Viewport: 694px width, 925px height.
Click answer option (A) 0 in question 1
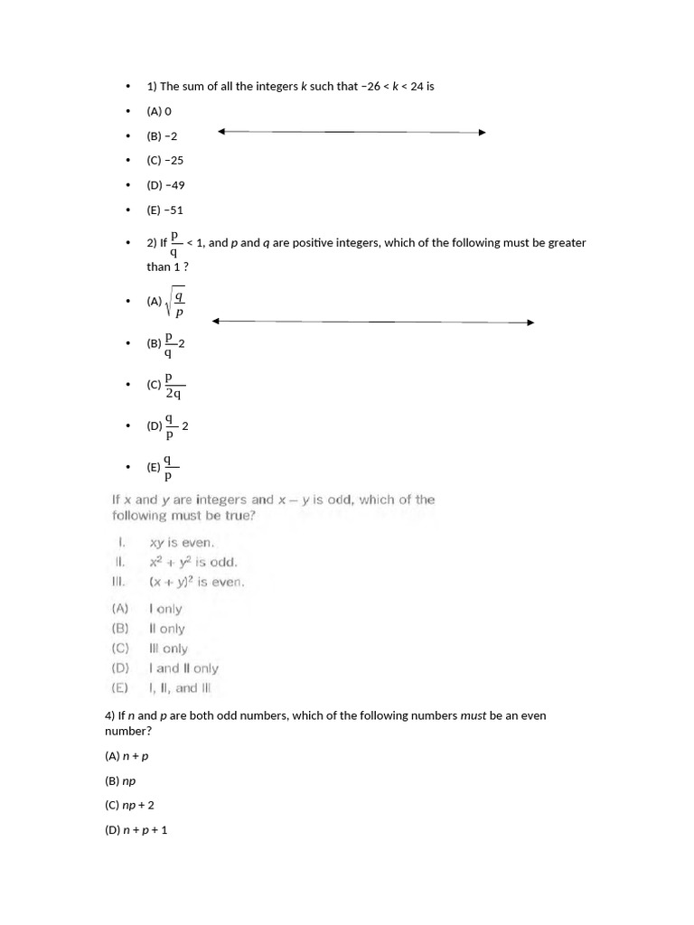[x=159, y=111]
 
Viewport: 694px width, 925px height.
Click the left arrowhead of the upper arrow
[x=222, y=132]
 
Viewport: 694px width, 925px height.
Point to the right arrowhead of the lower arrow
[x=530, y=322]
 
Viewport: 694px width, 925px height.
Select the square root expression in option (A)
[x=176, y=303]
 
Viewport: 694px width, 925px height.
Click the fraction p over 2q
[x=173, y=385]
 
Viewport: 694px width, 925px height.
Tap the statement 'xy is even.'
[x=183, y=543]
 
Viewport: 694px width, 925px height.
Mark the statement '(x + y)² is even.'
[x=196, y=582]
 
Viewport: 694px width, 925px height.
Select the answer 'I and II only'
[x=183, y=668]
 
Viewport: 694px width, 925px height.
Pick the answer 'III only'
[x=168, y=649]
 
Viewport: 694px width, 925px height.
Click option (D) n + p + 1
[x=136, y=829]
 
